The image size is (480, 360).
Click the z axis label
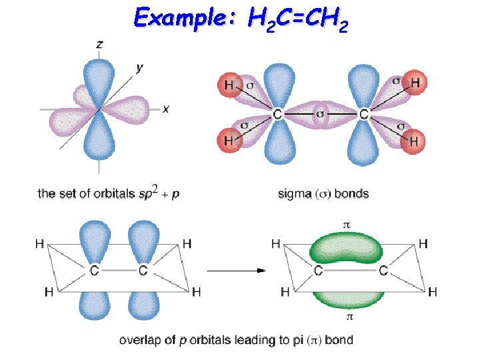(99, 45)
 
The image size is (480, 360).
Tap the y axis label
(139, 67)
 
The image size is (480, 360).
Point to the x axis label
(165, 109)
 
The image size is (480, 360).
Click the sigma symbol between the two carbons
(321, 114)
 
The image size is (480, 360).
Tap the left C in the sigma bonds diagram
(277, 115)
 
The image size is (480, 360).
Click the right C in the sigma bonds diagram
(363, 115)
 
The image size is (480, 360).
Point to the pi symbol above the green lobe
(346, 225)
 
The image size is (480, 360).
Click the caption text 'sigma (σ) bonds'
(323, 194)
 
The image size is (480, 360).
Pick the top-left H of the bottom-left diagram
(40, 244)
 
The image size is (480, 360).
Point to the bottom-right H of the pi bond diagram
(433, 291)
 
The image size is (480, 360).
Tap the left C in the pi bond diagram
(318, 270)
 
